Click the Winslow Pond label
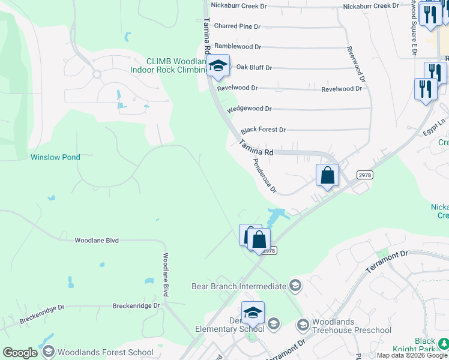[x=55, y=157]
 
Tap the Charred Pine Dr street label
[x=237, y=26]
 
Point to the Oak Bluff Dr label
[x=254, y=68]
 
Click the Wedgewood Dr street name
[x=249, y=109]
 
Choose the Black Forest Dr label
[x=263, y=130]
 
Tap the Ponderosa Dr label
[x=265, y=176]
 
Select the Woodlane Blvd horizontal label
[x=97, y=240]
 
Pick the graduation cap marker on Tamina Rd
[x=218, y=66]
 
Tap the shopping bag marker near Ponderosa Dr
[x=328, y=175]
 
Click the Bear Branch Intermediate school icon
[x=295, y=286]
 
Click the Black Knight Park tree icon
[x=443, y=344]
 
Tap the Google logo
[x=20, y=353]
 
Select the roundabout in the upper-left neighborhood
[x=96, y=74]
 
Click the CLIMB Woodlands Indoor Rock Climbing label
[x=168, y=65]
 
